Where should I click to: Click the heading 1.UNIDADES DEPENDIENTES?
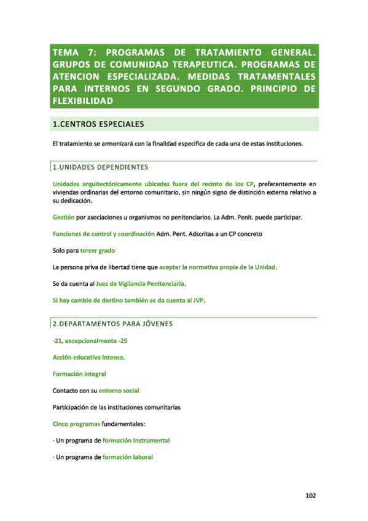[x=101, y=166]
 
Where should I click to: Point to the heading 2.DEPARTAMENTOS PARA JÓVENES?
[x=112, y=323]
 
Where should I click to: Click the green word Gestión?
[x=63, y=217]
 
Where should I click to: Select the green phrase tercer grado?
[x=97, y=251]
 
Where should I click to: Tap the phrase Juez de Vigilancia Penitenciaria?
[x=140, y=284]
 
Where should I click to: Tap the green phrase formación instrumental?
[x=136, y=441]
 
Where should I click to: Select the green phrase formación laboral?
[x=127, y=457]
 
